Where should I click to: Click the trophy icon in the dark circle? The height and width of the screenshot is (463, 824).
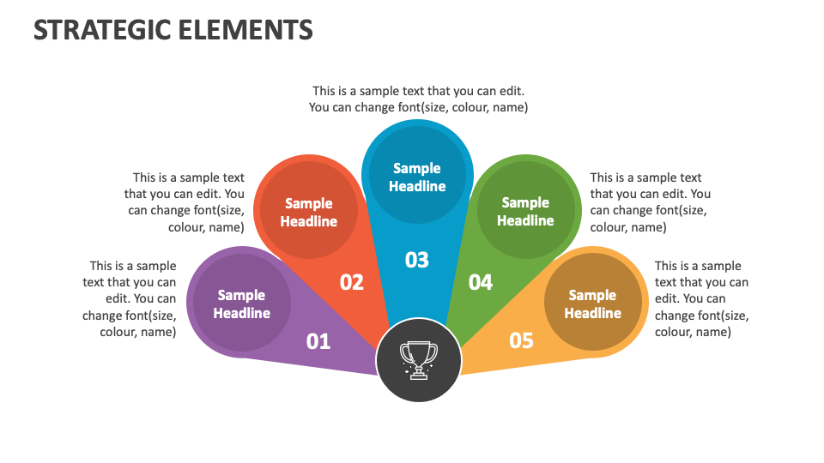coord(419,359)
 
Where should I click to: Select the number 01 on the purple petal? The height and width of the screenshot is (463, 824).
coord(318,341)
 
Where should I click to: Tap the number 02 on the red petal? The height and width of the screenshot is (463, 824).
coord(352,282)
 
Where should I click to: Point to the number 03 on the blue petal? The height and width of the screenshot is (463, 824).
coord(417,260)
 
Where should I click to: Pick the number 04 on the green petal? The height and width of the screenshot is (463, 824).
coord(481,282)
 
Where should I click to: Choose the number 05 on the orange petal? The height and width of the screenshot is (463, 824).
coord(521,340)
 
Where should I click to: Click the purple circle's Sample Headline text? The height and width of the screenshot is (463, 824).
coord(242,304)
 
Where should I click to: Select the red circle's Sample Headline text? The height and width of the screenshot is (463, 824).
coord(309,213)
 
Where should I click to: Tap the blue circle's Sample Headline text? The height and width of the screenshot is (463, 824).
coord(417,177)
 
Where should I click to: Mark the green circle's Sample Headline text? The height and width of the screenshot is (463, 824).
coord(525,212)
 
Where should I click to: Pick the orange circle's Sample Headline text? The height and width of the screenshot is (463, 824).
coord(592,304)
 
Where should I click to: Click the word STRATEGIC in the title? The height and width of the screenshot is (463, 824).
coord(101,31)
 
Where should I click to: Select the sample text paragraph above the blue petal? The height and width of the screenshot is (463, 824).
coord(418,99)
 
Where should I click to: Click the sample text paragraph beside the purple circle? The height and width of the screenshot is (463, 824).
coord(130,298)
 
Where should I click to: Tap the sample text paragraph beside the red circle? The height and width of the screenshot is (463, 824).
coord(185,202)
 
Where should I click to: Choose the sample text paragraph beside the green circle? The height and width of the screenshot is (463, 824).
coord(650,202)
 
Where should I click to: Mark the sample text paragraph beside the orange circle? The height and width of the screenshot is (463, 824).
coord(700,298)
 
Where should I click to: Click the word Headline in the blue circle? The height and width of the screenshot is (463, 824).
coord(417,186)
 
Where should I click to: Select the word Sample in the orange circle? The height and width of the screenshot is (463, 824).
coord(592,295)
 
